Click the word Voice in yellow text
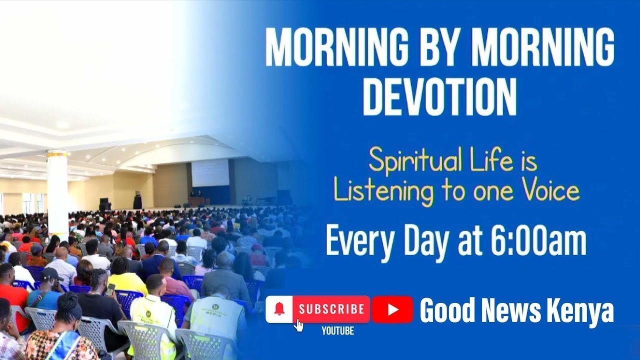coord(549,190)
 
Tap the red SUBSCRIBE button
coord(331,309)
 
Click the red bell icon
coord(279,309)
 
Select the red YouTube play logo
coord(392,309)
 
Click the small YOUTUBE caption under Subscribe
coord(337,330)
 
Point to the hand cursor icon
coord(299,325)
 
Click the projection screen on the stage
coord(210,173)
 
